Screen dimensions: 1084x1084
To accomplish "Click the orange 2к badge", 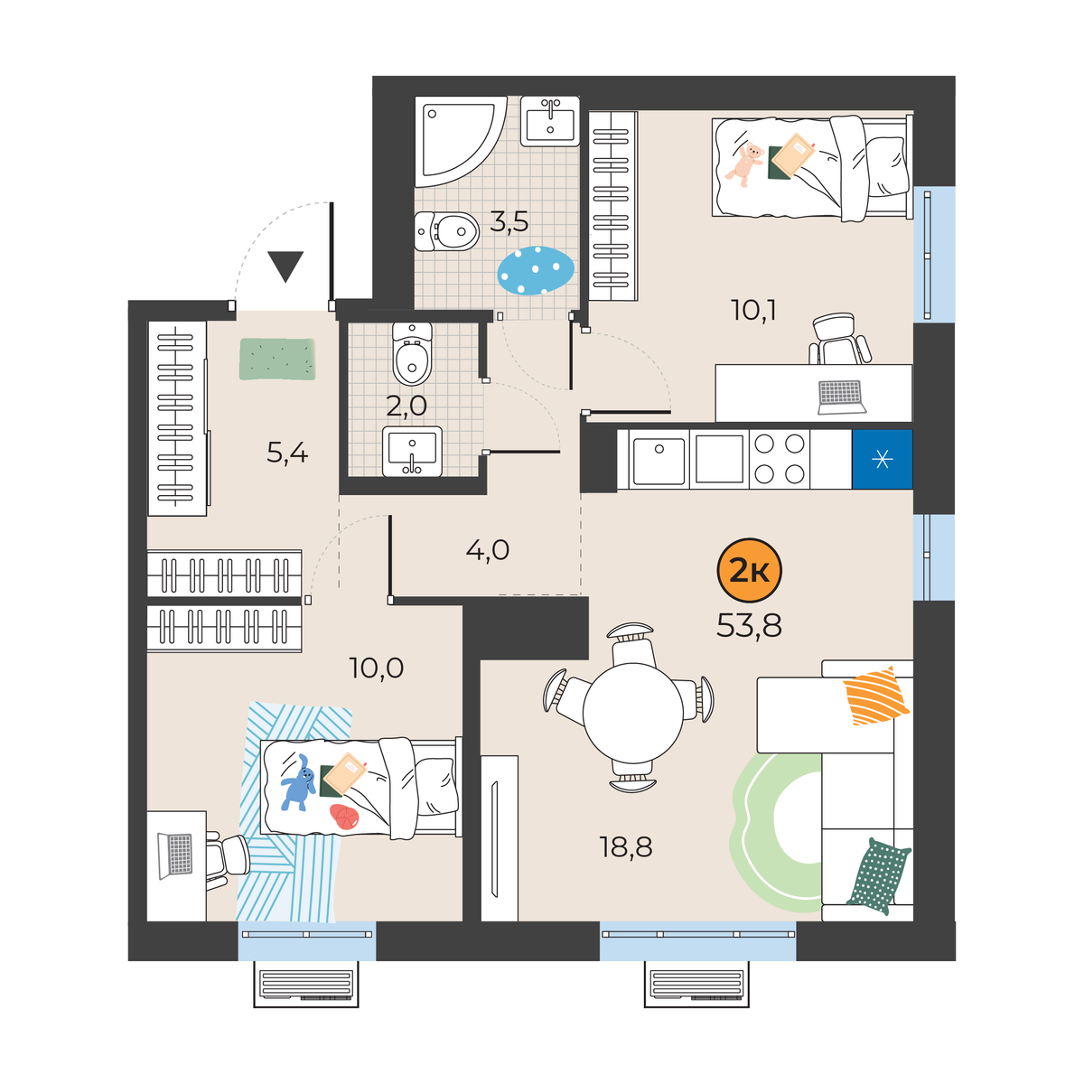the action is (x=749, y=571).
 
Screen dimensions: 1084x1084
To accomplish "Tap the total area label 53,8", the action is (x=749, y=625).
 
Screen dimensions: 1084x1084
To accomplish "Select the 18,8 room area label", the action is (x=626, y=847).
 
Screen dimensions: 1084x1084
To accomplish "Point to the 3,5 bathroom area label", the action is (x=509, y=222).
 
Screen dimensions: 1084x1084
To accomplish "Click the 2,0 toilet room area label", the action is (x=406, y=406).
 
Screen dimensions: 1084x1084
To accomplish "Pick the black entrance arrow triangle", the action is (x=285, y=266).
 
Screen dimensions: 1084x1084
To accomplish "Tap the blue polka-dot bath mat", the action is (x=536, y=270).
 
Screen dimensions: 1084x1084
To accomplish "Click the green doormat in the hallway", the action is (x=277, y=359).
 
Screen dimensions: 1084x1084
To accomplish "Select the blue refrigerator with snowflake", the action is (x=882, y=460).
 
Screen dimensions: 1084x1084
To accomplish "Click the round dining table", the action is (x=633, y=713).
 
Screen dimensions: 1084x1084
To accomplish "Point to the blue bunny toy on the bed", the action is (x=298, y=782).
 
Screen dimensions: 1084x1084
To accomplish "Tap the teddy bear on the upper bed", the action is (x=745, y=164).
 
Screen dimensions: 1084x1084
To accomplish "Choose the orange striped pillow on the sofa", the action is (x=875, y=696).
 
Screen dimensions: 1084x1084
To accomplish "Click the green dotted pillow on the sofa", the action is (x=878, y=876).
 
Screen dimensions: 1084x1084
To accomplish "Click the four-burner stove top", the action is (x=779, y=459).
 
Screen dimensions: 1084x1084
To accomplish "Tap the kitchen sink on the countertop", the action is (x=659, y=460).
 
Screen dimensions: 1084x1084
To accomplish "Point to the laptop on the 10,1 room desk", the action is (x=841, y=397).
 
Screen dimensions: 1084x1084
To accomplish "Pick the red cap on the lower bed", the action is (x=344, y=817).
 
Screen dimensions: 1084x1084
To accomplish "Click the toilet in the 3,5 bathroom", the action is (x=446, y=231).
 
